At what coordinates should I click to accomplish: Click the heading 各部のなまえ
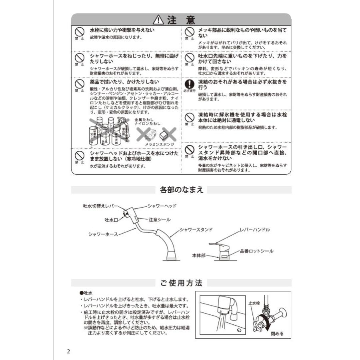[x=181, y=190]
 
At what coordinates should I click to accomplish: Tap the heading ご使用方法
[x=181, y=283]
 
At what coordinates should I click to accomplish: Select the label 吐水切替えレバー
[x=100, y=206]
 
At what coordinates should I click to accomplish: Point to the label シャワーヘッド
[x=162, y=206]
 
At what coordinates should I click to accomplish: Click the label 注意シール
[x=160, y=220]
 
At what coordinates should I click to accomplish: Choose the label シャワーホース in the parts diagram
[x=103, y=234]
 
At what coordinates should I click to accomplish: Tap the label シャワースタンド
[x=196, y=230]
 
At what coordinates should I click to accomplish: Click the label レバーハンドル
[x=255, y=230]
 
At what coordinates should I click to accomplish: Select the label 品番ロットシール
[x=256, y=251]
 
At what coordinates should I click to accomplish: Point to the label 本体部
[x=198, y=255]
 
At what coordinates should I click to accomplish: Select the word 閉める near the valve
[x=277, y=333]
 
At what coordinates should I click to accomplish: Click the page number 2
[x=68, y=352]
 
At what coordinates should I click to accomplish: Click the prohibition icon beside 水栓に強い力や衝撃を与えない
[x=79, y=32]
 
